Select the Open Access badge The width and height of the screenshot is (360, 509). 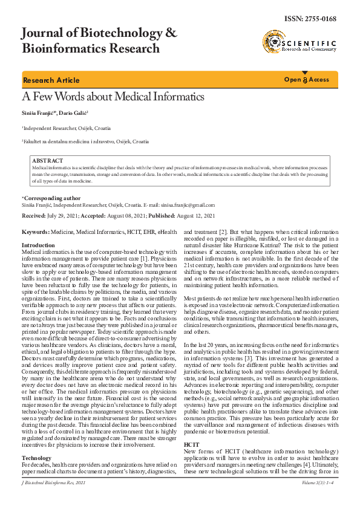click(307, 80)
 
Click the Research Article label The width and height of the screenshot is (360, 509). click(51, 80)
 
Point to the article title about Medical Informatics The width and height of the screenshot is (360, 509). click(113, 97)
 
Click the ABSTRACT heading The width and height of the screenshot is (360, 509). click(47, 161)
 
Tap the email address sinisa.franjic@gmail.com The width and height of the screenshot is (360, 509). click(188, 205)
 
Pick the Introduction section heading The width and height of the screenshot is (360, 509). click(38, 245)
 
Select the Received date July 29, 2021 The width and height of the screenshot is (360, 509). click(69, 215)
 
